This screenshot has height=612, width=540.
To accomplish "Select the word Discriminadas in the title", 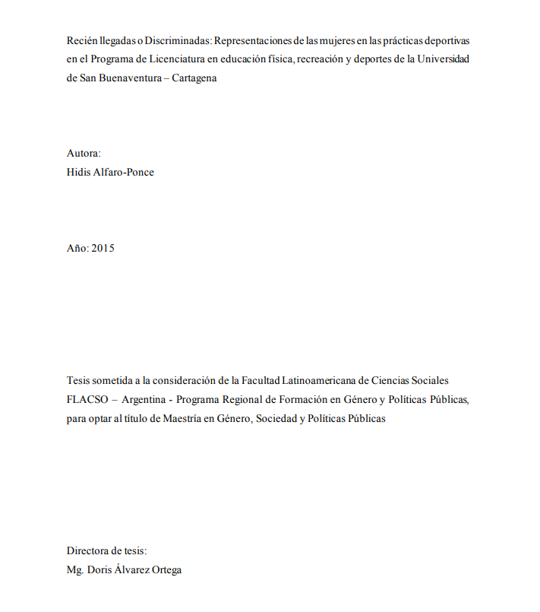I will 178,40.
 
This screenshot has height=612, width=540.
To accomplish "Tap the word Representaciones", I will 252,40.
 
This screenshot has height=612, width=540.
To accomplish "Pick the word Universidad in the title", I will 443,59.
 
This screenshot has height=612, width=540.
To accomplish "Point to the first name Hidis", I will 79,172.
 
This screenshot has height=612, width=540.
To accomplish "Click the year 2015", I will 103,248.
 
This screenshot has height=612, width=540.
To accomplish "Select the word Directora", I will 88,550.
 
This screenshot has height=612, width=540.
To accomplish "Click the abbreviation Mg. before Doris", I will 74,569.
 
